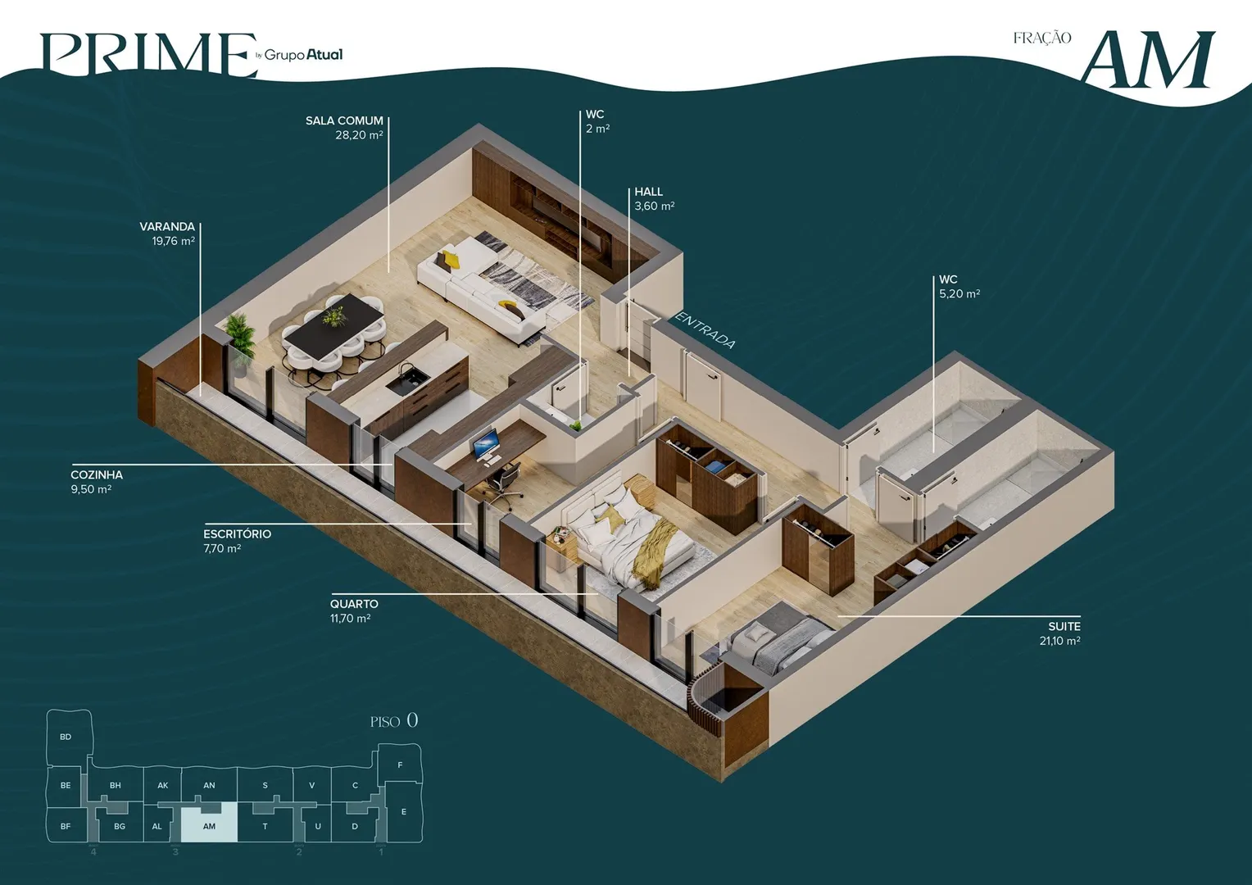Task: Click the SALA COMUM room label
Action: [344, 128]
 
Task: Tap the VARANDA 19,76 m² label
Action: [167, 234]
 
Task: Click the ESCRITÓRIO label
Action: [237, 541]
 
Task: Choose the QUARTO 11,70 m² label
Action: [354, 610]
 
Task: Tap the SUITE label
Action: [1059, 633]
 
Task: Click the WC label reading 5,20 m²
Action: [959, 286]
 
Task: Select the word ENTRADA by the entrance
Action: [705, 330]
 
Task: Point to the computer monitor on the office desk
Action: [485, 446]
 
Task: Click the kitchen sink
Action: [407, 379]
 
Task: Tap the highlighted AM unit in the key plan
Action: [209, 826]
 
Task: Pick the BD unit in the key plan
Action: [66, 737]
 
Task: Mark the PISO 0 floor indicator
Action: [394, 720]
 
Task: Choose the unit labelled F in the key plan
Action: [400, 765]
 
